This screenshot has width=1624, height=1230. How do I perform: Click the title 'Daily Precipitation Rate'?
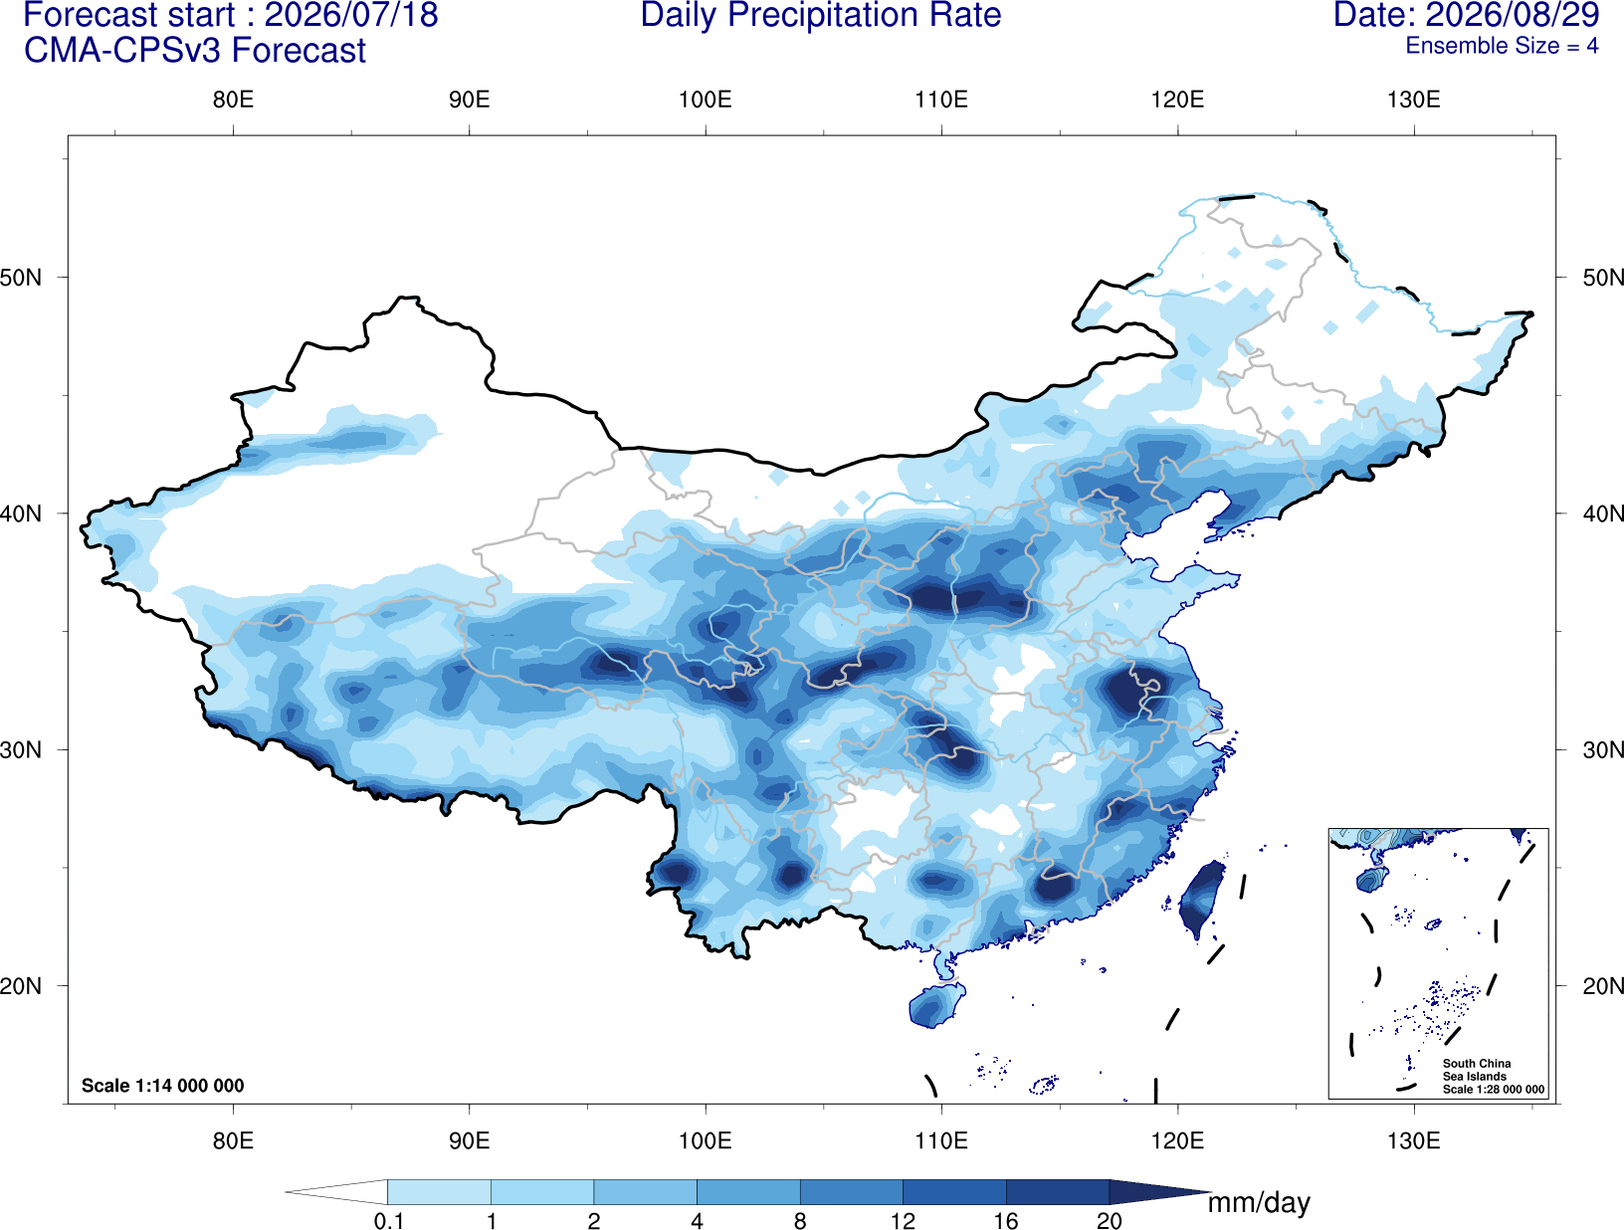click(821, 16)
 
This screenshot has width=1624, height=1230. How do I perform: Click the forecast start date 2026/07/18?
click(351, 15)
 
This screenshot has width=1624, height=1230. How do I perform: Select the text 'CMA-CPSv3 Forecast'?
click(195, 51)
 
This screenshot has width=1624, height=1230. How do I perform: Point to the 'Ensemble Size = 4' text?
click(1502, 46)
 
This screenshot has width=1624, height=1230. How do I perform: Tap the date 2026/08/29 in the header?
click(1513, 15)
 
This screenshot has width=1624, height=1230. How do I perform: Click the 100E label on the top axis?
click(706, 100)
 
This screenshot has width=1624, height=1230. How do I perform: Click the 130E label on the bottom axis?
click(1414, 1140)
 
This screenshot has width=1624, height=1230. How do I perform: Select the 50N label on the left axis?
click(21, 278)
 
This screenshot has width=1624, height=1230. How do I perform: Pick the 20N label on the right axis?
click(1602, 986)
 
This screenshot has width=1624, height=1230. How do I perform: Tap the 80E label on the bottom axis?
click(233, 1140)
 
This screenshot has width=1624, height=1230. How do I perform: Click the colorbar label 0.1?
click(388, 1221)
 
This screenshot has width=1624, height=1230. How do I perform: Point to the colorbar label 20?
click(1110, 1221)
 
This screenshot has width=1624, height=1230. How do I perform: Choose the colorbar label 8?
click(800, 1221)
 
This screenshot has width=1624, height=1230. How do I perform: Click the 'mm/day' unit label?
click(1259, 1203)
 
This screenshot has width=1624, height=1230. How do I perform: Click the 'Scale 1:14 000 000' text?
click(163, 1085)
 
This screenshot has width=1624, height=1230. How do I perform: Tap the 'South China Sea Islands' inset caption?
click(1476, 1070)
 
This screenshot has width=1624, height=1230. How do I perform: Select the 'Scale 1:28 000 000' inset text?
click(1493, 1090)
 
